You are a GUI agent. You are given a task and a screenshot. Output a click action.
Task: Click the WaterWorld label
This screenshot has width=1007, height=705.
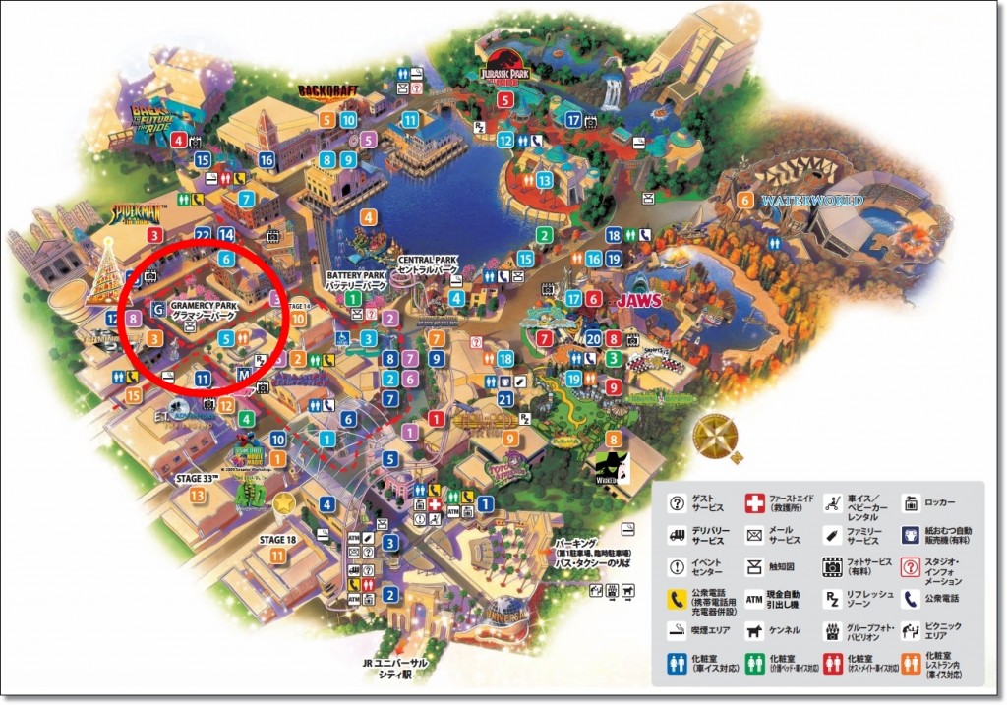tap(812, 200)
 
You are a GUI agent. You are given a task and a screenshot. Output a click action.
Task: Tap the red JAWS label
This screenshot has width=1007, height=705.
tap(639, 300)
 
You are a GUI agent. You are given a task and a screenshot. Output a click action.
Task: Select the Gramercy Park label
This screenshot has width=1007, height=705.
tap(203, 311)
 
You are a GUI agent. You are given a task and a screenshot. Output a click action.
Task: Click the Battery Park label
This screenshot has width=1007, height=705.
tap(357, 279)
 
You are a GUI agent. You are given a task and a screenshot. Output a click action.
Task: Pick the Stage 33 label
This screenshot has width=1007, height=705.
tap(197, 478)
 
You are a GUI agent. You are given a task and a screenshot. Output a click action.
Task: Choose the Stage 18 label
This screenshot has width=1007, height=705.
tap(277, 539)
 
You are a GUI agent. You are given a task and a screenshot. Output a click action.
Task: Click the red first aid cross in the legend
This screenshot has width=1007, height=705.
tap(755, 504)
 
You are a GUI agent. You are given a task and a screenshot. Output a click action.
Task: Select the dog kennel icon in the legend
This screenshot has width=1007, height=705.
tap(755, 629)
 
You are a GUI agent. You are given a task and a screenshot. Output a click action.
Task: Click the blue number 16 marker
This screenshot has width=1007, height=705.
tap(266, 159)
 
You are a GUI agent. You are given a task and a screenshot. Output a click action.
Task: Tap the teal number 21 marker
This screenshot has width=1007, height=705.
tap(505, 398)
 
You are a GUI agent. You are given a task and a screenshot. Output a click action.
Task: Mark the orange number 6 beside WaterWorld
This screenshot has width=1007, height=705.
tap(746, 201)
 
